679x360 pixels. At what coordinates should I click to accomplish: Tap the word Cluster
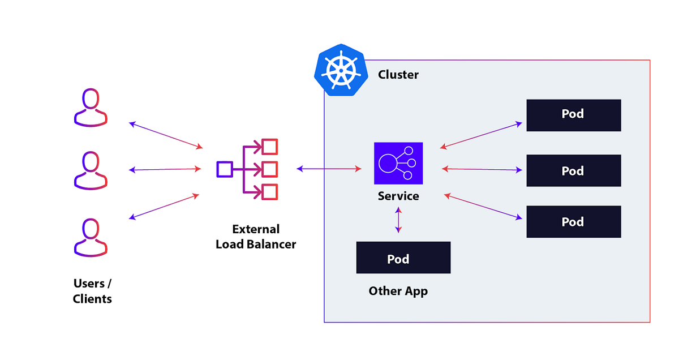click(398, 75)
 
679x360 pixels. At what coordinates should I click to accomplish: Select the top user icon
click(91, 107)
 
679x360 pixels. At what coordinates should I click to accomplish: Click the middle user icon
click(91, 170)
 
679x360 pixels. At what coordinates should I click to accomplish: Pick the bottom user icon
click(91, 237)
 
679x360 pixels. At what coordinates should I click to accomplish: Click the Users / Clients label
click(92, 291)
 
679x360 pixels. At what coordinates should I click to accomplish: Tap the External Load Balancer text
click(256, 237)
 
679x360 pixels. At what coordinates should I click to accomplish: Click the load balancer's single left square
click(224, 169)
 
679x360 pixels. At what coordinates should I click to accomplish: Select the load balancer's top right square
click(270, 147)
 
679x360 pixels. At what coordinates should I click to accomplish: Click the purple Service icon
click(398, 163)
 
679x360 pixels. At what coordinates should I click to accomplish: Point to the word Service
click(398, 196)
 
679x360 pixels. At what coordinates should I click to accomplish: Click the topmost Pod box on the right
click(573, 115)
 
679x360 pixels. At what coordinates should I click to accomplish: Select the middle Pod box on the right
click(573, 170)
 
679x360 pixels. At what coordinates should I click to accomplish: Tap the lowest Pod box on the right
click(573, 221)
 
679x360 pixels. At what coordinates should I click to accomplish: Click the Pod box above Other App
click(403, 258)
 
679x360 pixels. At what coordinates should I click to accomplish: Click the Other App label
click(398, 291)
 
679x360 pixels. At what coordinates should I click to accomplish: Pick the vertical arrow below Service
click(398, 220)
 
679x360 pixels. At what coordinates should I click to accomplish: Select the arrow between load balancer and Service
click(329, 169)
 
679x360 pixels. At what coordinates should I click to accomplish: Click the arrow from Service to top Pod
click(481, 135)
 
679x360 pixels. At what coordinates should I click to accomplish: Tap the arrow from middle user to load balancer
click(165, 169)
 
